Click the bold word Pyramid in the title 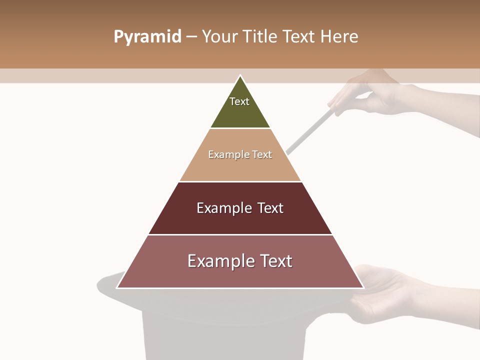[147, 37]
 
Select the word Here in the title [339, 37]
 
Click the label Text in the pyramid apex [239, 101]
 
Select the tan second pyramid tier [240, 167]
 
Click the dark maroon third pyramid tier [240, 222]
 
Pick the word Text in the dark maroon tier [270, 208]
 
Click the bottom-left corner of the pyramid [117, 287]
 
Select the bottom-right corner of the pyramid [363, 287]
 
